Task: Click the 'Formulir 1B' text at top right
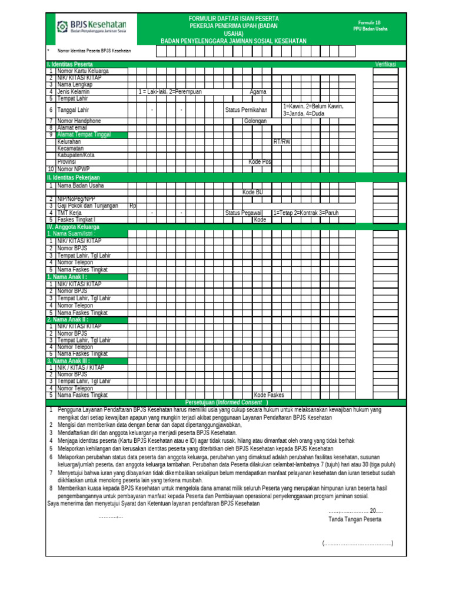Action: pyautogui.click(x=369, y=21)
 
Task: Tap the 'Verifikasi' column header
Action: pyautogui.click(x=385, y=64)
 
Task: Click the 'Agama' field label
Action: pyautogui.click(x=258, y=92)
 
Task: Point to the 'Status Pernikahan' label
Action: pyautogui.click(x=246, y=110)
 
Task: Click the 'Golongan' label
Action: pyautogui.click(x=255, y=121)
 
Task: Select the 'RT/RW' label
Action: pyautogui.click(x=282, y=142)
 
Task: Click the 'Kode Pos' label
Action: pyautogui.click(x=260, y=162)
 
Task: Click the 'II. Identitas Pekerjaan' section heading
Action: pyautogui.click(x=74, y=177)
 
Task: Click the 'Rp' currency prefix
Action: pyautogui.click(x=132, y=206)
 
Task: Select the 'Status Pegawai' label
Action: pyautogui.click(x=244, y=213)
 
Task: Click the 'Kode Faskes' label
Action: pyautogui.click(x=268, y=395)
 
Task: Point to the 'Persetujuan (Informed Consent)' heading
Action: pyautogui.click(x=227, y=402)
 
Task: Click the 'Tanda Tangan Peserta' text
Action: pyautogui.click(x=354, y=519)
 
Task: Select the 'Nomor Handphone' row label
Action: pyautogui.click(x=80, y=121)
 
